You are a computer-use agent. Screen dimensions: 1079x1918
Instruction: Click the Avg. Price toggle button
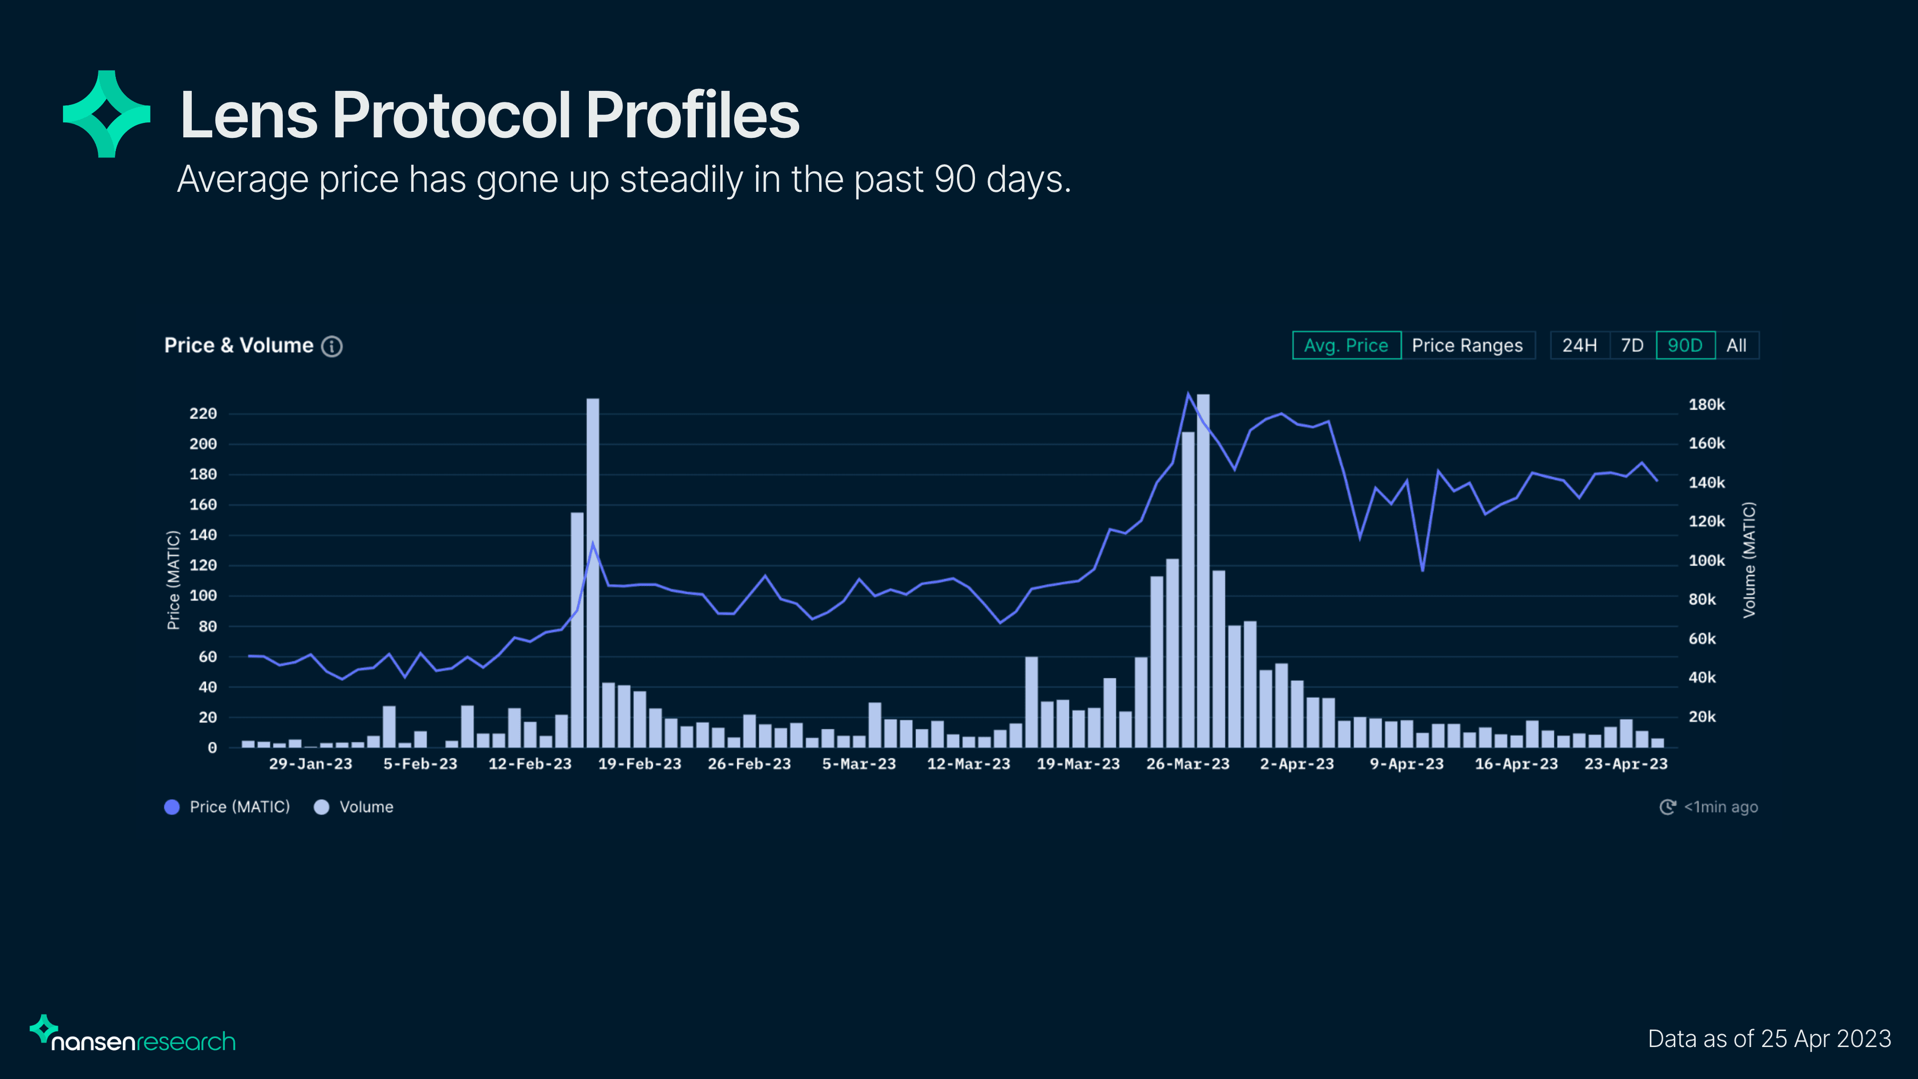(1346, 346)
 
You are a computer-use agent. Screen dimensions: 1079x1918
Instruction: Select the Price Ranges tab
(1467, 346)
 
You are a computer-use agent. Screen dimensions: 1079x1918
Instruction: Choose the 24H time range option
(1579, 346)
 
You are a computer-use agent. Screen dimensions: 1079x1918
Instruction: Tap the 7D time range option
(1632, 346)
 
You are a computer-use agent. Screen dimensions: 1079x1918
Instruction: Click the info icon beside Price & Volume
(332, 346)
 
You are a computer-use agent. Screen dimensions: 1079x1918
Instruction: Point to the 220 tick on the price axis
(202, 413)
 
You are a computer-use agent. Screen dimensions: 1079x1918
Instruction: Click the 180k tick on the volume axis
(1707, 404)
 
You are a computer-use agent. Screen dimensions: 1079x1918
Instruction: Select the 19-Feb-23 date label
(639, 764)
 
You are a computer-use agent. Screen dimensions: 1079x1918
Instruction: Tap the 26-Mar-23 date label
(1188, 764)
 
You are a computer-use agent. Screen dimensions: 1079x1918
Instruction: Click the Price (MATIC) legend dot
(172, 807)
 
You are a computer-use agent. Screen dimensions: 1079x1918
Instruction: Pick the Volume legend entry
(355, 807)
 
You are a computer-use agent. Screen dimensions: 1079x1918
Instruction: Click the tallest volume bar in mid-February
(593, 573)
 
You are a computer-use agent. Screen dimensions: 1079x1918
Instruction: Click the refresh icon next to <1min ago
(1668, 807)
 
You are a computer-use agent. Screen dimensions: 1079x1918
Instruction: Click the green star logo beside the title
(106, 114)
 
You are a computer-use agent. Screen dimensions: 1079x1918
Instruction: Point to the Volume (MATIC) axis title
(1749, 559)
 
